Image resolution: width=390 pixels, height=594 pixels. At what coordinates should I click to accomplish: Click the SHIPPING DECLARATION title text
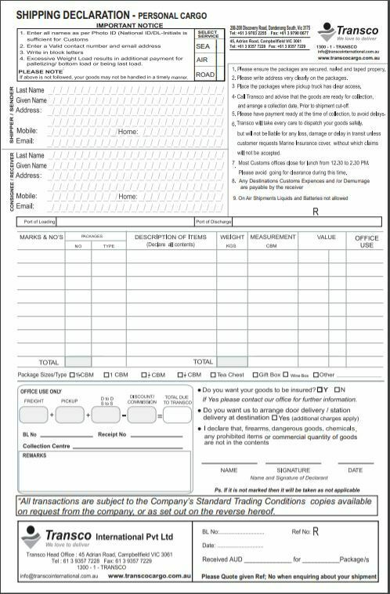66,15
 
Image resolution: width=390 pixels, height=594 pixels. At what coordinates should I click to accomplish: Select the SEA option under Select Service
203,46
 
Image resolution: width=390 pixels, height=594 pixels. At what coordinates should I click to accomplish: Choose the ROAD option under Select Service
204,74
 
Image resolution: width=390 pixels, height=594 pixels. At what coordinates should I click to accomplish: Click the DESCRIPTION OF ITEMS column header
170,237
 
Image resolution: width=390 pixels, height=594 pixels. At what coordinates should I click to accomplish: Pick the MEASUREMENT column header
273,237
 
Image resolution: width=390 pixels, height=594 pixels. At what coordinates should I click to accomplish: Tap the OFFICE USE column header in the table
367,241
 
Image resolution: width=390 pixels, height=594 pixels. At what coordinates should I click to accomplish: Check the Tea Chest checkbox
214,375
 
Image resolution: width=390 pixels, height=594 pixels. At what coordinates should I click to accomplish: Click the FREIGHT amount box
34,414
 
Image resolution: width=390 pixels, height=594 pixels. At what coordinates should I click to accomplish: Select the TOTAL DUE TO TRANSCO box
177,414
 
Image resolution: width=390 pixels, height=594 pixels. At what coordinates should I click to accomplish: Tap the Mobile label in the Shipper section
27,131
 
